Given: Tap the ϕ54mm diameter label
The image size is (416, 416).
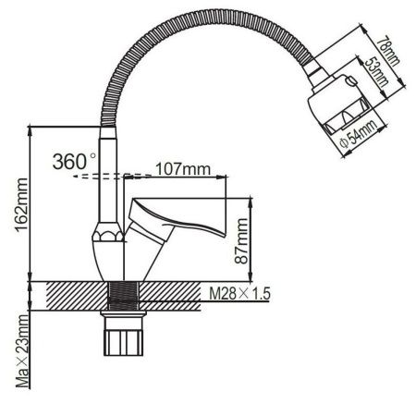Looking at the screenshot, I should [355, 139].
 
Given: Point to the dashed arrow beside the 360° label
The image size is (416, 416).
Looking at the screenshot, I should [102, 173].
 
